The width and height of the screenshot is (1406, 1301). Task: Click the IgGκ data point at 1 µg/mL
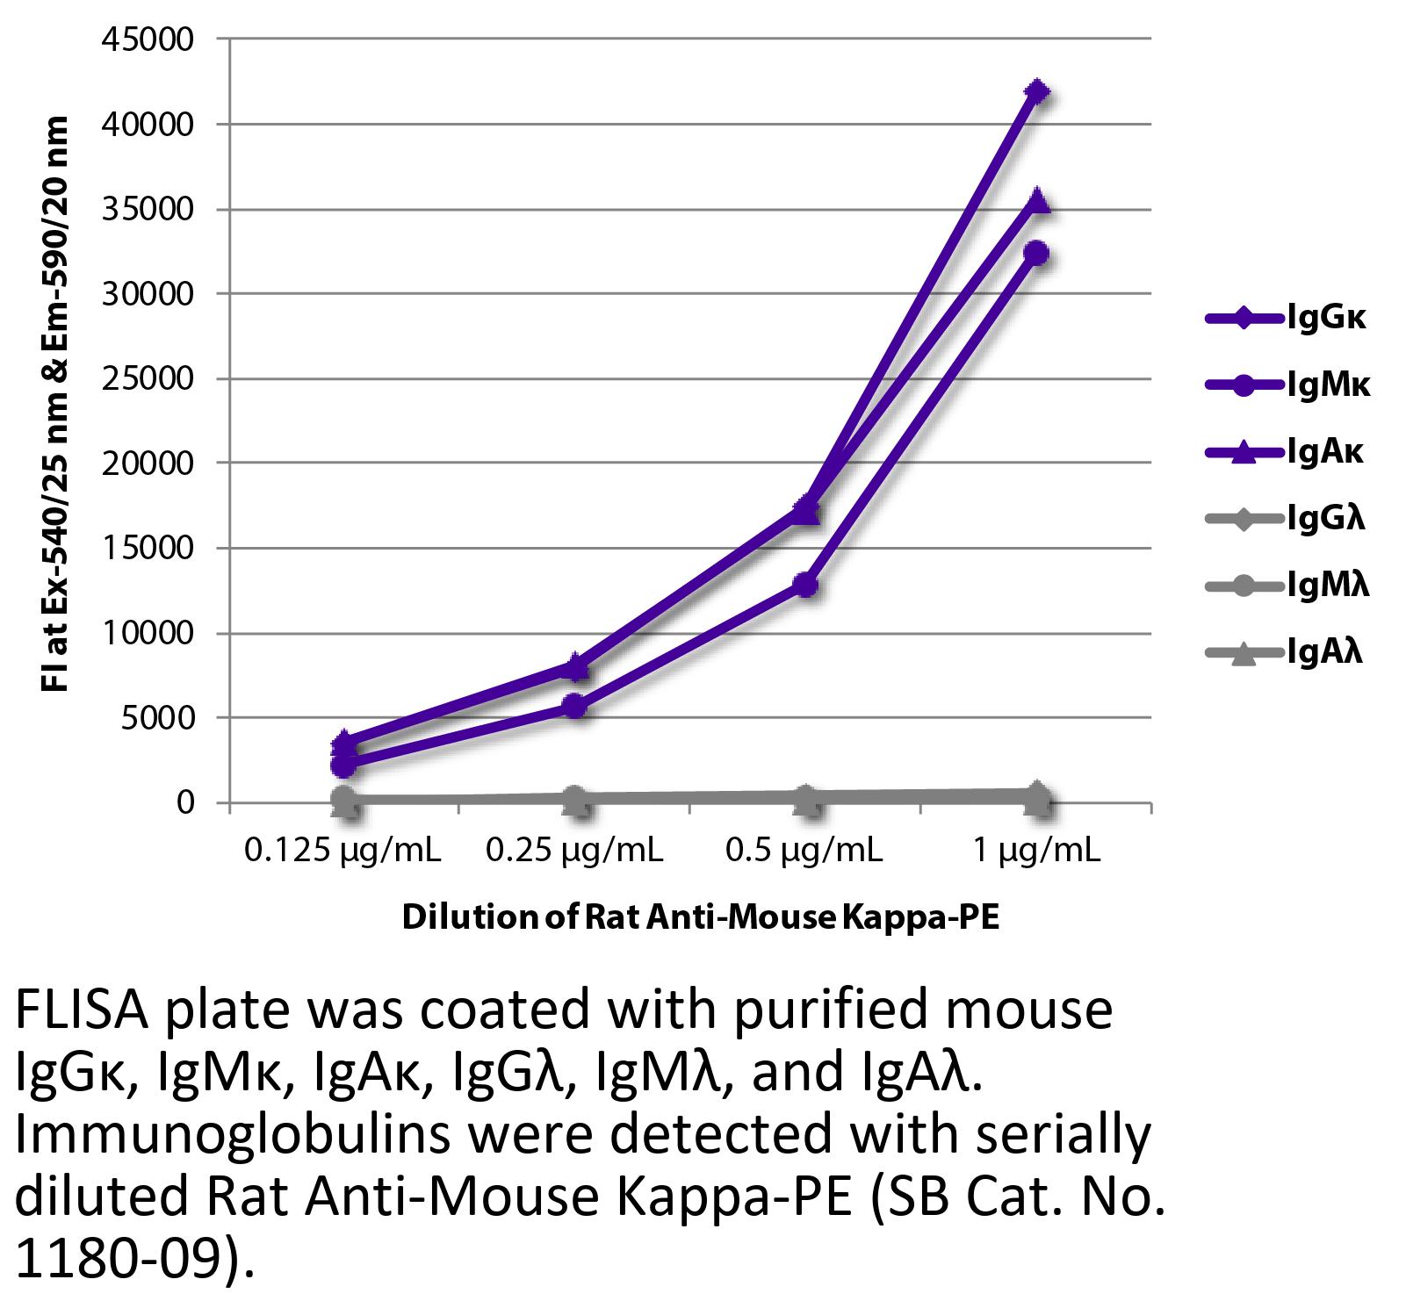(x=1037, y=91)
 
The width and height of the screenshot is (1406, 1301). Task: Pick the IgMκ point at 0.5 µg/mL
(x=806, y=585)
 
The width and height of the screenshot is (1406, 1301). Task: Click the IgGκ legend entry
(x=1286, y=318)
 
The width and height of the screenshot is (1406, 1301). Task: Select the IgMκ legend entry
(x=1287, y=385)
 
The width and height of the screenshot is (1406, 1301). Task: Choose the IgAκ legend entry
(x=1286, y=452)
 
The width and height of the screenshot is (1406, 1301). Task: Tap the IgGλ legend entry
(x=1286, y=519)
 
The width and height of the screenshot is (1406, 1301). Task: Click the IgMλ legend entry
(x=1287, y=586)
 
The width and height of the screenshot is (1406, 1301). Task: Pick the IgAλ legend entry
(x=1286, y=652)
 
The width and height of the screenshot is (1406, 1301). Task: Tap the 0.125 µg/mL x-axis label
(x=342, y=850)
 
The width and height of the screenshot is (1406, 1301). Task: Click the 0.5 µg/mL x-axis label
(x=804, y=850)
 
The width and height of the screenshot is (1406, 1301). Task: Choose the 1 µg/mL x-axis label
(x=1036, y=850)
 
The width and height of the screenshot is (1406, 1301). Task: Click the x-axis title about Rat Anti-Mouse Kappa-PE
(x=700, y=918)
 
